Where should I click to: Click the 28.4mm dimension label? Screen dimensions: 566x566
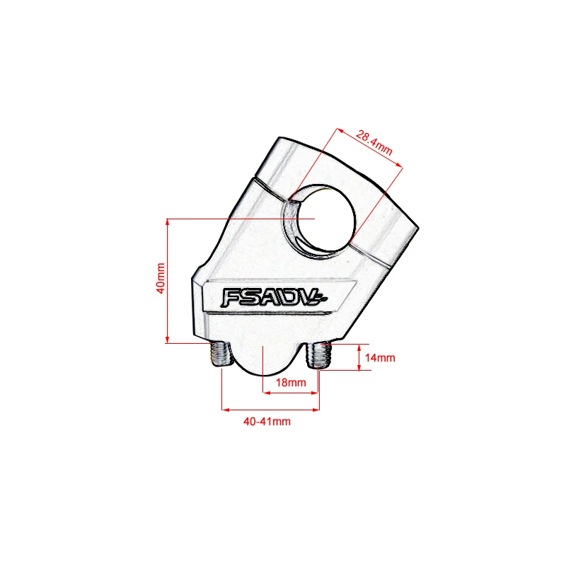374,142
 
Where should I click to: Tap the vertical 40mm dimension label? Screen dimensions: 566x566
161,278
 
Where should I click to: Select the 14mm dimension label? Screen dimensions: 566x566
380,358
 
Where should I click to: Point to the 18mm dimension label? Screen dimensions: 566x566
291,382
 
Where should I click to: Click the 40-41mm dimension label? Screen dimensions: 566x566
267,421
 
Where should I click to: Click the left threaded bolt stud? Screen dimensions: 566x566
221,354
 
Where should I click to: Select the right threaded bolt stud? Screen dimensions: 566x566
319,356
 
